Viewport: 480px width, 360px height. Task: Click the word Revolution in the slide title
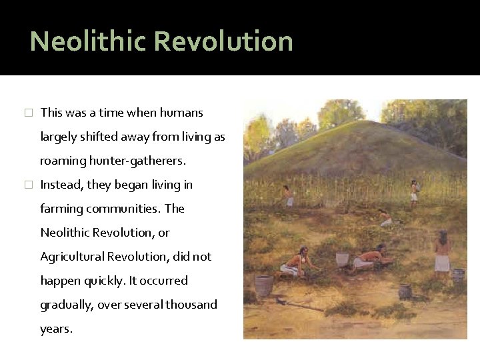click(x=224, y=41)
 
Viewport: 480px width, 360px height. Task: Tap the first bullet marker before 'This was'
click(x=27, y=113)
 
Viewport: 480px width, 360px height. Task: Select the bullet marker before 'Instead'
click(x=27, y=185)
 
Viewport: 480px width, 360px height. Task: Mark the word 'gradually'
click(x=68, y=305)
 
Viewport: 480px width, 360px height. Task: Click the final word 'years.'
click(x=56, y=329)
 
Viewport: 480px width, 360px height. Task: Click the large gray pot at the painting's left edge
click(x=264, y=285)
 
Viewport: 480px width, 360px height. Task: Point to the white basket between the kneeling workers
click(x=342, y=259)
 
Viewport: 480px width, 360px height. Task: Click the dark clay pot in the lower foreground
click(x=405, y=291)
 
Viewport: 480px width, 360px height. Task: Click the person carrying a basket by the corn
click(x=414, y=191)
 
